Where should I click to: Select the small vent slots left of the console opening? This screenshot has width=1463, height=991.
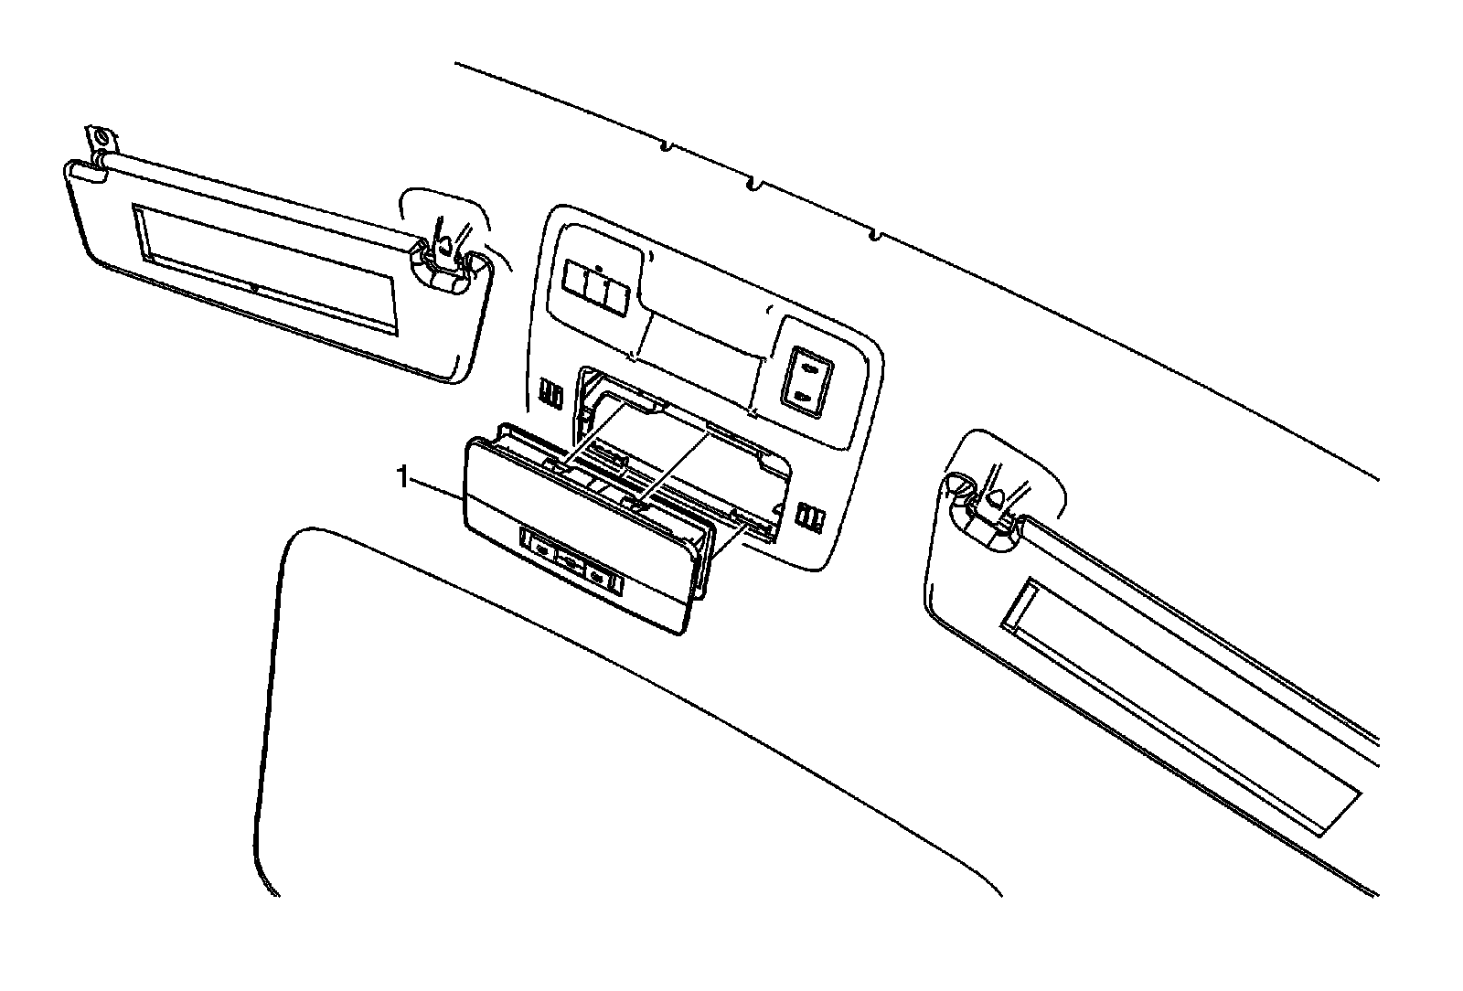click(550, 392)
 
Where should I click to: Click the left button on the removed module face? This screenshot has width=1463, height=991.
click(541, 549)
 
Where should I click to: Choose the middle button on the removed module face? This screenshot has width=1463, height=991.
click(571, 563)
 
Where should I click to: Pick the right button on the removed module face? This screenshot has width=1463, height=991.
click(600, 578)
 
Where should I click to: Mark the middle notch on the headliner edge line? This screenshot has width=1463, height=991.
click(753, 186)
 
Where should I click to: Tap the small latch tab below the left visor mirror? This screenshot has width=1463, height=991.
click(254, 289)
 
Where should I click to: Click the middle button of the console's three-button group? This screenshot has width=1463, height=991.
click(597, 287)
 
